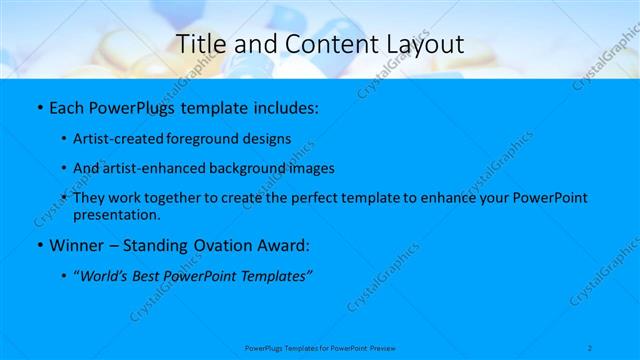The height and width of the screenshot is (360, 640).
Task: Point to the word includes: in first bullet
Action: click(282, 107)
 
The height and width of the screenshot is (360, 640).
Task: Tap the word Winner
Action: click(75, 245)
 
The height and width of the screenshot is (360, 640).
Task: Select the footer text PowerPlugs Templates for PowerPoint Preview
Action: click(320, 348)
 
